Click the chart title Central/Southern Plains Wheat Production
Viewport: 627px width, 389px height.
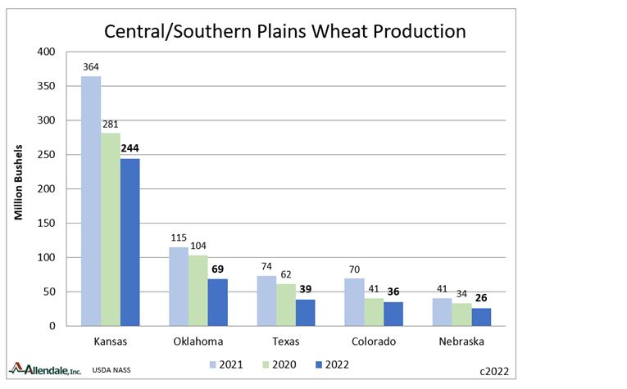[x=284, y=32]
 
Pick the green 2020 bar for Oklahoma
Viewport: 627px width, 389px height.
[x=198, y=290]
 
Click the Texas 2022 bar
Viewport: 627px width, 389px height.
[x=305, y=312]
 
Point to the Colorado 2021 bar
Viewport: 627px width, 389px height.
[x=353, y=301]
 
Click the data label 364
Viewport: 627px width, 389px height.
[x=90, y=67]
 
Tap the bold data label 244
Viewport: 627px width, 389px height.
[x=130, y=149]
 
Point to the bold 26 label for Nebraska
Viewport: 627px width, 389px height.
[x=481, y=298]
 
